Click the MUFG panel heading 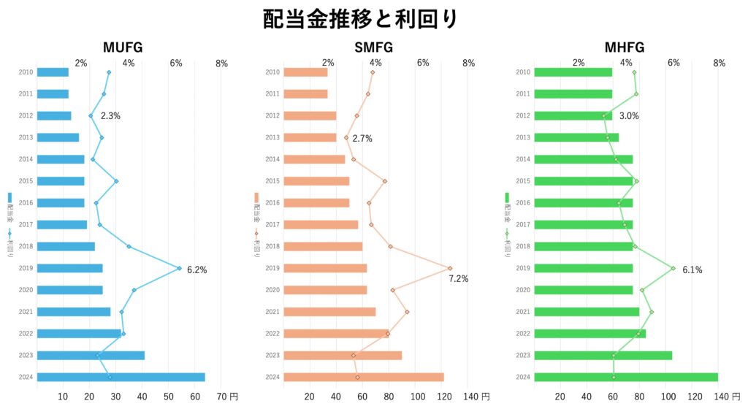click(123, 48)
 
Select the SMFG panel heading click(373, 48)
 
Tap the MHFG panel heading click(625, 48)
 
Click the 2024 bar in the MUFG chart click(121, 377)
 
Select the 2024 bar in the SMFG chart click(363, 377)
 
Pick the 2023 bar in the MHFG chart click(603, 356)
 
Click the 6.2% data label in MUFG click(196, 270)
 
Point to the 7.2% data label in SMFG click(458, 279)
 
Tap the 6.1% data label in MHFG click(692, 270)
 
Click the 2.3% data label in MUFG click(110, 115)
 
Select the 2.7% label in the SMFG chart click(362, 138)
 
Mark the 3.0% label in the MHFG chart click(629, 115)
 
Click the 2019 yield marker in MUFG click(180, 268)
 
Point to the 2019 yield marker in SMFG click(450, 268)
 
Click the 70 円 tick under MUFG click(228, 397)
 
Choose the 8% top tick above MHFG click(720, 64)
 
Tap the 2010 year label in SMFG click(272, 72)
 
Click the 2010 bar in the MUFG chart click(53, 72)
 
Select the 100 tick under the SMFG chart click(417, 397)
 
